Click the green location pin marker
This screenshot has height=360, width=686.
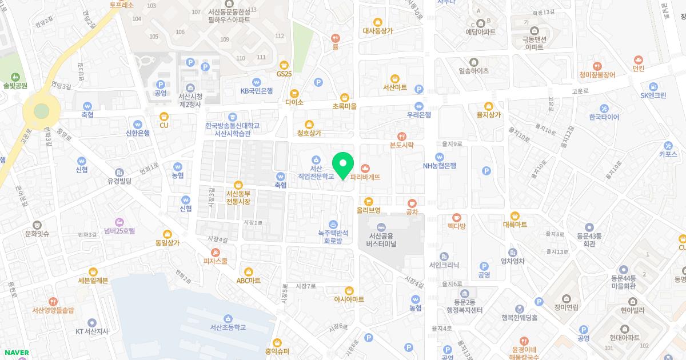(x=342, y=165)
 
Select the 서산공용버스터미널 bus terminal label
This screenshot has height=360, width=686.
(x=382, y=239)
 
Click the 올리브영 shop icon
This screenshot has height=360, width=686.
(x=368, y=201)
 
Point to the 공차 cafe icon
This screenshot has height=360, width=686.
(x=412, y=202)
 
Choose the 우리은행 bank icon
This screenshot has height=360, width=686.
(x=418, y=106)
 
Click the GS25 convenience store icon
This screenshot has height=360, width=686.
(x=284, y=65)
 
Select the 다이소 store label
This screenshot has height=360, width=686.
(x=294, y=102)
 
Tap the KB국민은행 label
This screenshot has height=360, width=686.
(x=256, y=91)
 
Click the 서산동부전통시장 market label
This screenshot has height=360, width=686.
(x=238, y=197)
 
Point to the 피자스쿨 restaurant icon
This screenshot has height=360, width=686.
(x=216, y=252)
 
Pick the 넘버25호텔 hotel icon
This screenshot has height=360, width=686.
(x=119, y=222)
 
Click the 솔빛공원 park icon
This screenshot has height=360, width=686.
(x=15, y=76)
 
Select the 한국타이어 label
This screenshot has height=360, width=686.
(x=604, y=117)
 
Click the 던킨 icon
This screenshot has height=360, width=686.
(x=639, y=59)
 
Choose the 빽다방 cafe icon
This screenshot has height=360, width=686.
(x=456, y=217)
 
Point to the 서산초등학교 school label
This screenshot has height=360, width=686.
(x=228, y=327)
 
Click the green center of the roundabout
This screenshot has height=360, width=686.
(x=41, y=111)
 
